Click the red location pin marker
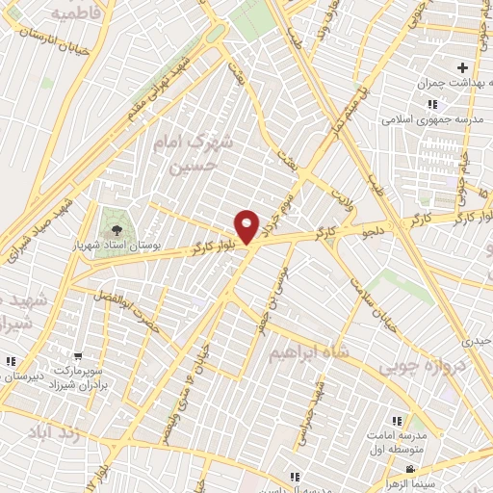(247, 226)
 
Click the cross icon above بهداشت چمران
(463, 67)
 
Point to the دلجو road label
(375, 230)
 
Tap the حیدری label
(476, 341)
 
